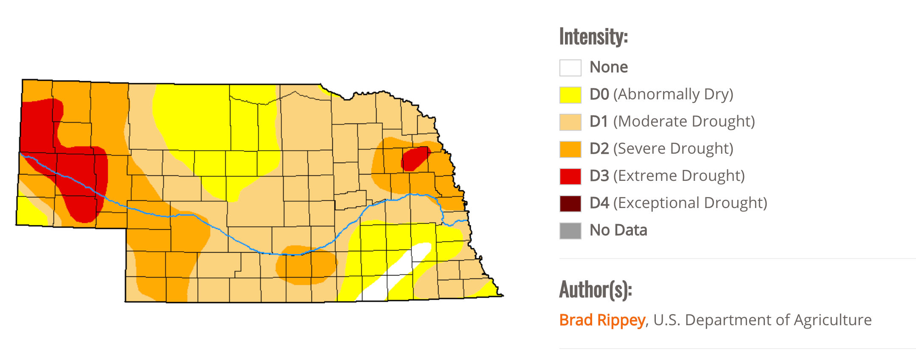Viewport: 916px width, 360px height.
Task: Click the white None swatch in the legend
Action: [x=570, y=68]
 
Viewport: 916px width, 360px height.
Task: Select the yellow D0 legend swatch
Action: [x=570, y=95]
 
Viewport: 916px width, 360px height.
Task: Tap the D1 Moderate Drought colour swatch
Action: [x=570, y=122]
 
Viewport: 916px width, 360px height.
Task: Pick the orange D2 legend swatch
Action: [x=570, y=149]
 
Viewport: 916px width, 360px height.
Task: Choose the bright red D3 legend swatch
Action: [x=570, y=176]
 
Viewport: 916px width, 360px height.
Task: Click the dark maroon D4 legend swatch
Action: [x=570, y=203]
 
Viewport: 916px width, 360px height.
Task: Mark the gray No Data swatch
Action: [x=570, y=231]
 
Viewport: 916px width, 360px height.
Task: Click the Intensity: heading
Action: [x=593, y=37]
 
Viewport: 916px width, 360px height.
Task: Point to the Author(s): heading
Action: [x=595, y=290]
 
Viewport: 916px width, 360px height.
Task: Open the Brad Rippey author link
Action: [x=602, y=320]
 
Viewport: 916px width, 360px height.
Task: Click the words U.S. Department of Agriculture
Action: [x=762, y=320]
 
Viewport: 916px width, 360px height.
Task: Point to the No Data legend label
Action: [x=618, y=230]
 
